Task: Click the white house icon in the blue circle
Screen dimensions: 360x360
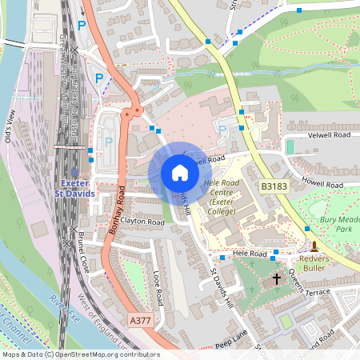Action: (x=180, y=172)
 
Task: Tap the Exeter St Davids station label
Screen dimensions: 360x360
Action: (x=74, y=187)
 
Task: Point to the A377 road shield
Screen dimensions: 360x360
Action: (x=139, y=319)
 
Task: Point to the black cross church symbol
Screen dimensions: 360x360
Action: (x=278, y=279)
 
